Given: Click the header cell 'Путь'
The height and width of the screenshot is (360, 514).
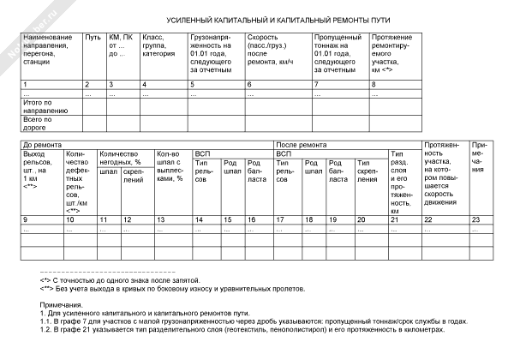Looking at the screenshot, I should (x=93, y=39).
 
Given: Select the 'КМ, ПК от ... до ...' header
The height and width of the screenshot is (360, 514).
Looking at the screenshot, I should (x=119, y=45).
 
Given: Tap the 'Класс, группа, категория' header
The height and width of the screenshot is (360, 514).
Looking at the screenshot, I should (x=153, y=45).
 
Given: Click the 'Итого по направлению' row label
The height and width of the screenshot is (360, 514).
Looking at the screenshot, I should (x=43, y=105).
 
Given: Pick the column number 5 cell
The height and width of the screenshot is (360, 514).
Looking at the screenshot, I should (x=192, y=84).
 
